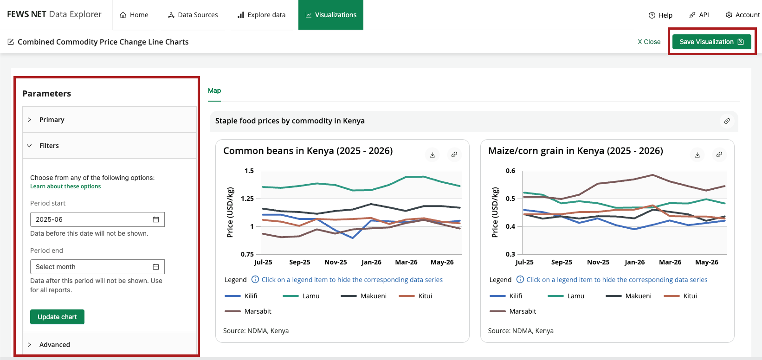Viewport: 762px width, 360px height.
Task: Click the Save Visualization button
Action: (712, 42)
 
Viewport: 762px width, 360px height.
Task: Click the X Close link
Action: (649, 42)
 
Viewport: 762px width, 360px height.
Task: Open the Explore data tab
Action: (261, 15)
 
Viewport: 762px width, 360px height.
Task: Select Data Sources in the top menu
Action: (193, 15)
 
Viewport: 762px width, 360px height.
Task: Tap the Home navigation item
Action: (134, 15)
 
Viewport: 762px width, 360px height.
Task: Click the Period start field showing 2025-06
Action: (97, 219)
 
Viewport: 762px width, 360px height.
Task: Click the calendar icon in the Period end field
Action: (156, 267)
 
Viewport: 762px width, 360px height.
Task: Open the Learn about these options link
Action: (65, 186)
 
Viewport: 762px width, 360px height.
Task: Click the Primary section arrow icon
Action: (30, 120)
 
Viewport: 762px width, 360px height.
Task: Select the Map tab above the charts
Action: (214, 90)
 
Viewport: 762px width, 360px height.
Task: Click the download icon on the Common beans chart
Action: (433, 154)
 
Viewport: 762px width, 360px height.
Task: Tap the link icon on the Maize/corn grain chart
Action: (719, 154)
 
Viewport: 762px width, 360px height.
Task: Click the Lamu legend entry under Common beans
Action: (301, 296)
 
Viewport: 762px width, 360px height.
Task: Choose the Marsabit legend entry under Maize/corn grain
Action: (513, 311)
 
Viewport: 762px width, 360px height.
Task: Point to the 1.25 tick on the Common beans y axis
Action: (247, 199)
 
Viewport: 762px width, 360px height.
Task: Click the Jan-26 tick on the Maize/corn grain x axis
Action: (635, 262)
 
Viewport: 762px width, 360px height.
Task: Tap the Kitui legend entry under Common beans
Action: (415, 296)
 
